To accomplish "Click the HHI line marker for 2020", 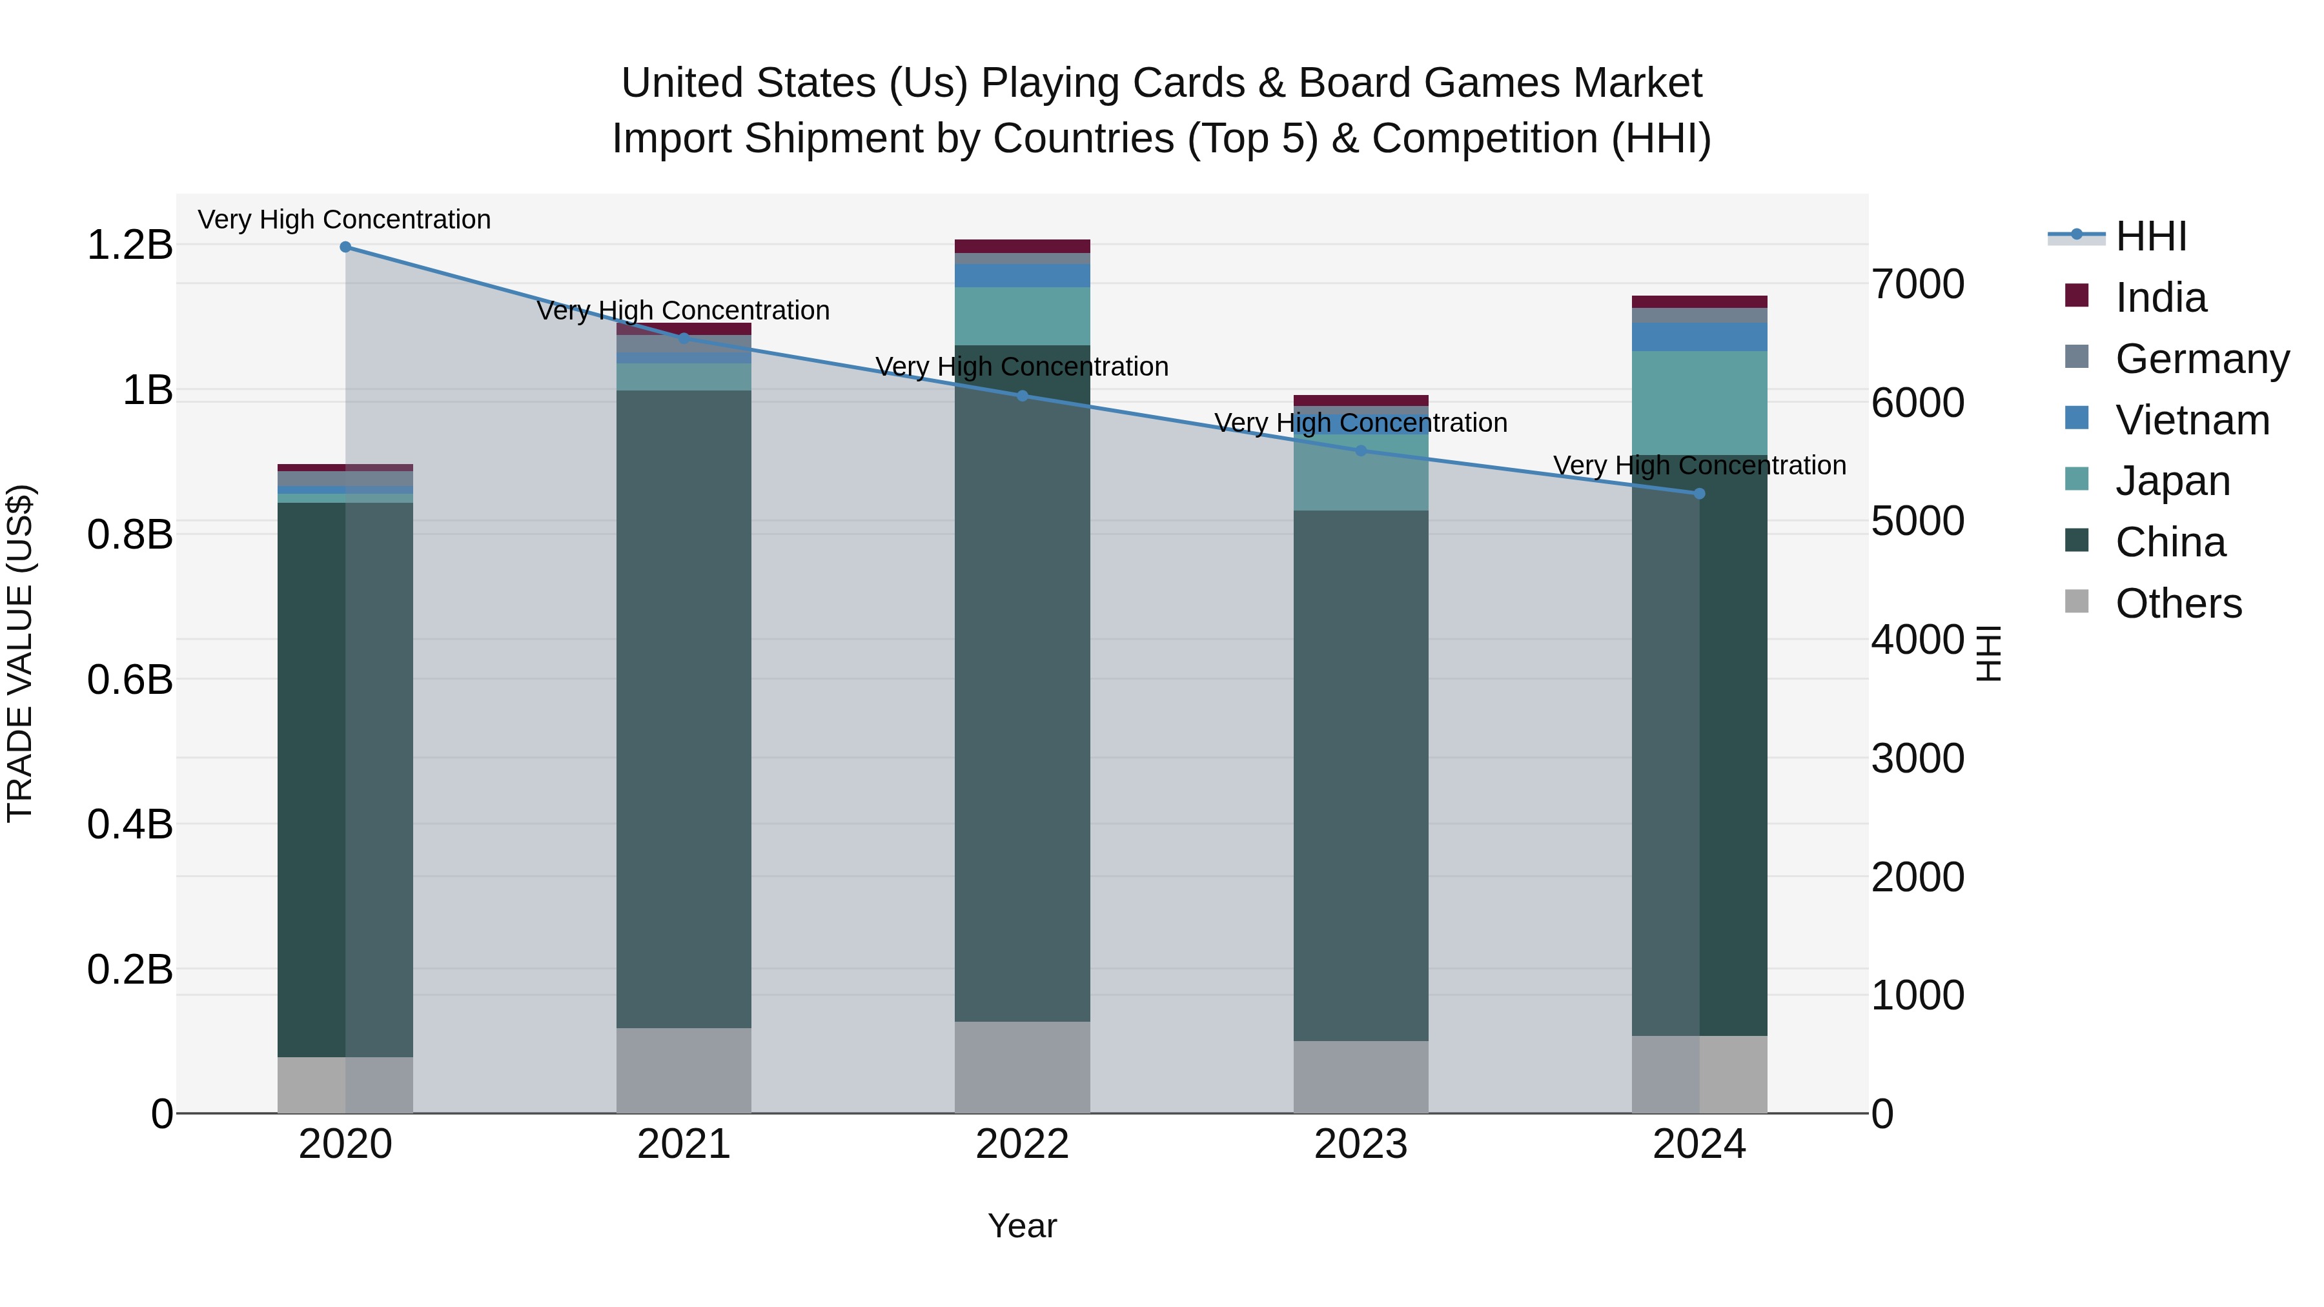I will click(x=345, y=247).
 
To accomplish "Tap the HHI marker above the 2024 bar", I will click(x=1699, y=493).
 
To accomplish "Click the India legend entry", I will click(x=2160, y=298).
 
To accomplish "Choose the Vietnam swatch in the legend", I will click(x=2077, y=418).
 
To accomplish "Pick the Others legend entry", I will click(x=2178, y=603).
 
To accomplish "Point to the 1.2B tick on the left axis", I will click(x=130, y=245).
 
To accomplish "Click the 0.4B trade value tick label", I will click(x=130, y=824).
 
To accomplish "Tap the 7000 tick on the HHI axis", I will click(x=1917, y=284).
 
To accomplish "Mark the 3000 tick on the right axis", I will click(x=1917, y=758).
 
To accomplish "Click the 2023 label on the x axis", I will click(x=1360, y=1144).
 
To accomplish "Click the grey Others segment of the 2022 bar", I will click(x=1022, y=1067).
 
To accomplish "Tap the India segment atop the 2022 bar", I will click(x=1022, y=247).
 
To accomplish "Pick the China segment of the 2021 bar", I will click(x=684, y=708).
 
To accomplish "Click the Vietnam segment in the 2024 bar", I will click(x=1699, y=338).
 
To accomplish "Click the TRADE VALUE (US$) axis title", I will click(x=20, y=653).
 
